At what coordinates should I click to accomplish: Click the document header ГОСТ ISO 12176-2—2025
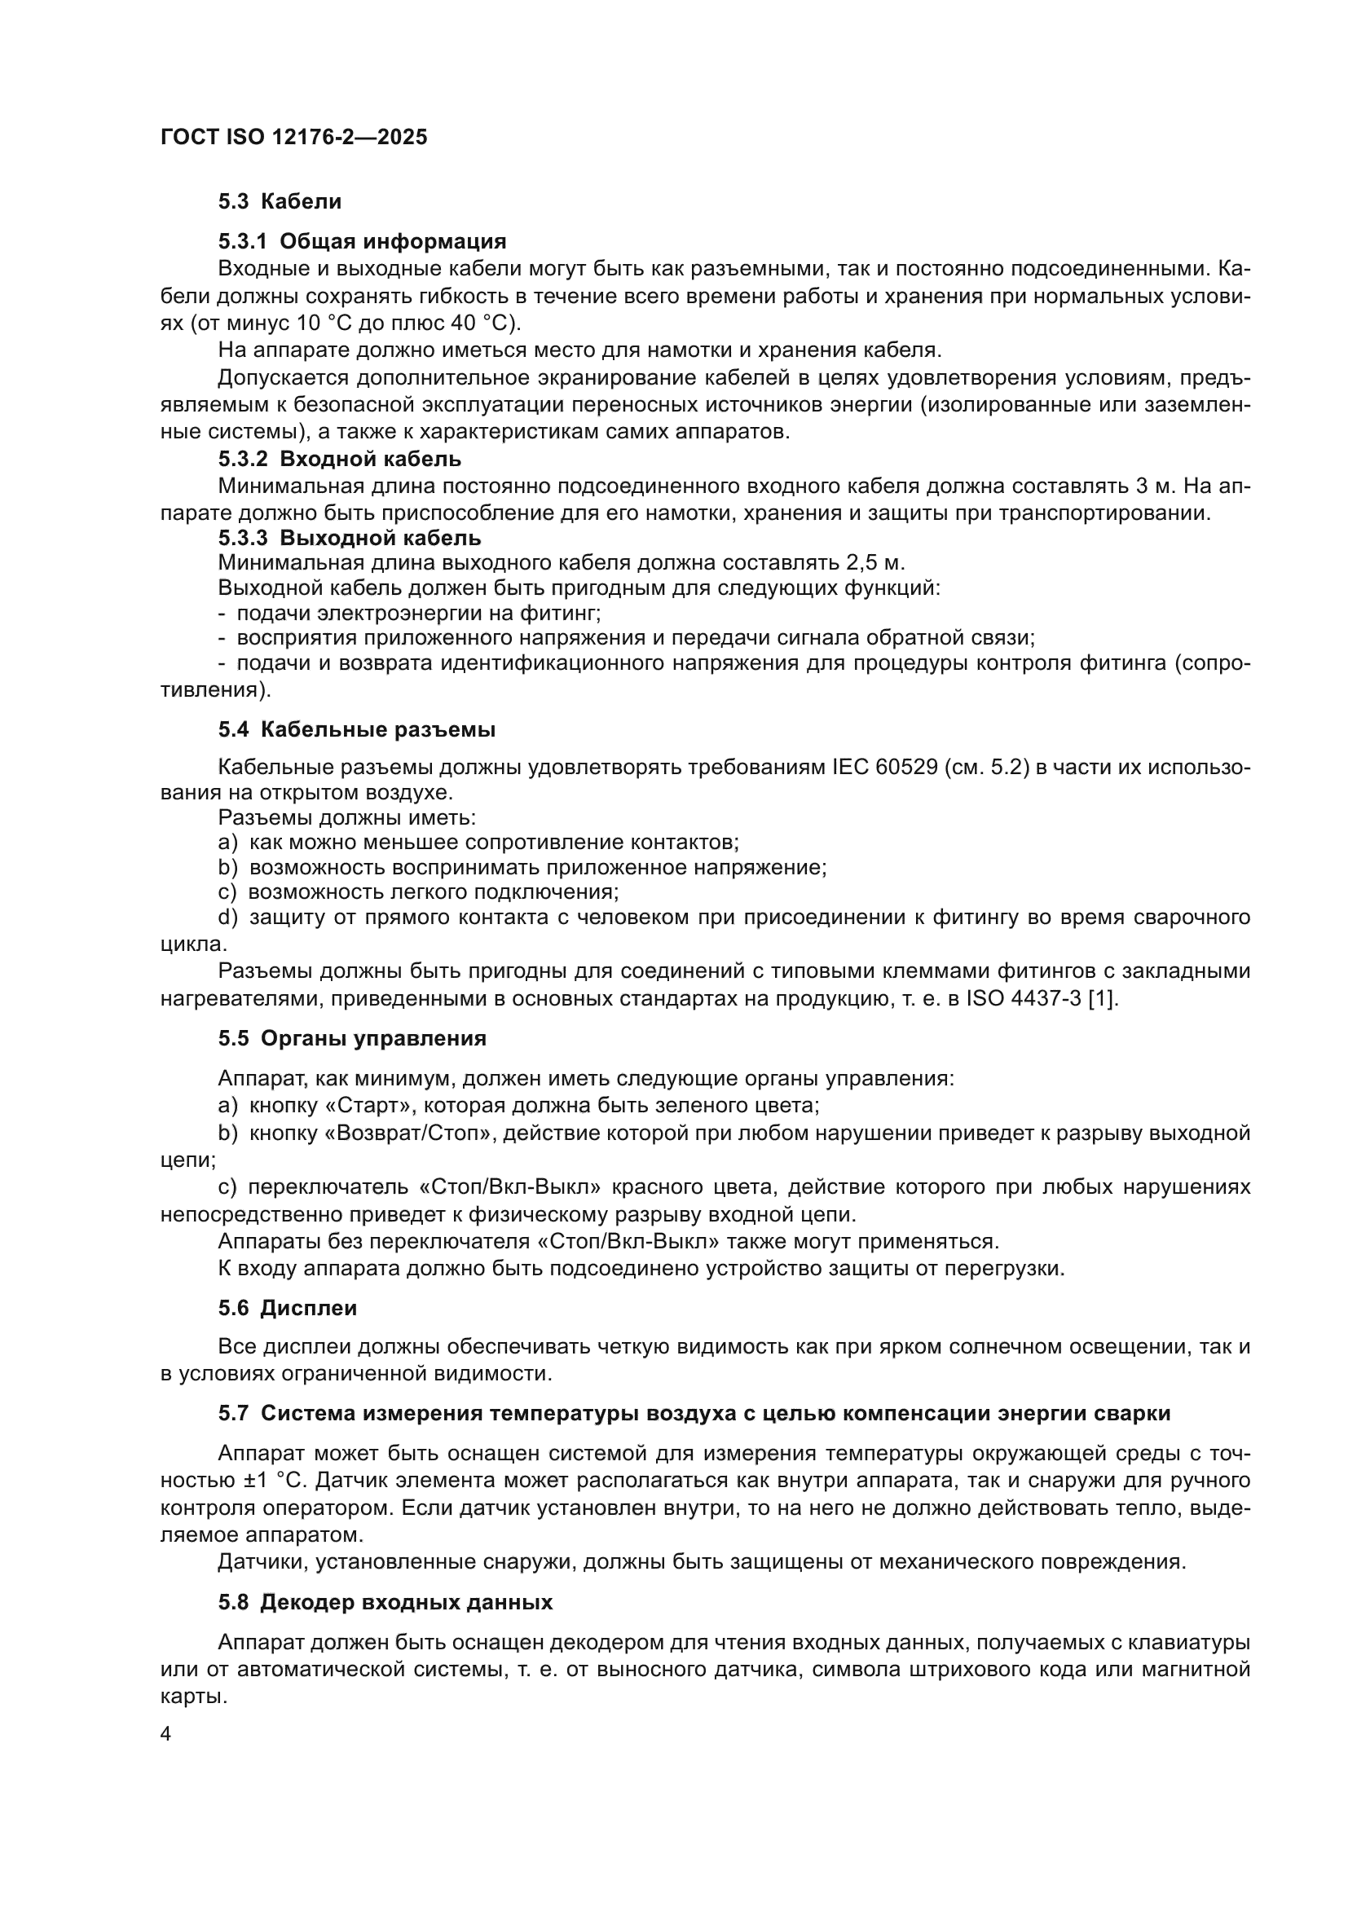[294, 138]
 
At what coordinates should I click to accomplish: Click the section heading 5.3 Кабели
[280, 202]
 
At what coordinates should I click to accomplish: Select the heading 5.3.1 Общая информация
[362, 241]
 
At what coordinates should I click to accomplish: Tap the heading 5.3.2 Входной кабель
[340, 459]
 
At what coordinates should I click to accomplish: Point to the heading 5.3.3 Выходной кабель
[350, 538]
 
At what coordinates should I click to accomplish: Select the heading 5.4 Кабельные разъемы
[357, 729]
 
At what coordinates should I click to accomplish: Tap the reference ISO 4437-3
[1024, 999]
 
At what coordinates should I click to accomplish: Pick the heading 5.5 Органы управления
[352, 1038]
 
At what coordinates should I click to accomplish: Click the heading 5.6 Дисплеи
[287, 1309]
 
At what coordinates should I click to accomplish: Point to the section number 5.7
[233, 1413]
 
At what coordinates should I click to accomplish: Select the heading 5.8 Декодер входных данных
[385, 1602]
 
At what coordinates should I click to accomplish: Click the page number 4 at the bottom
[166, 1734]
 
